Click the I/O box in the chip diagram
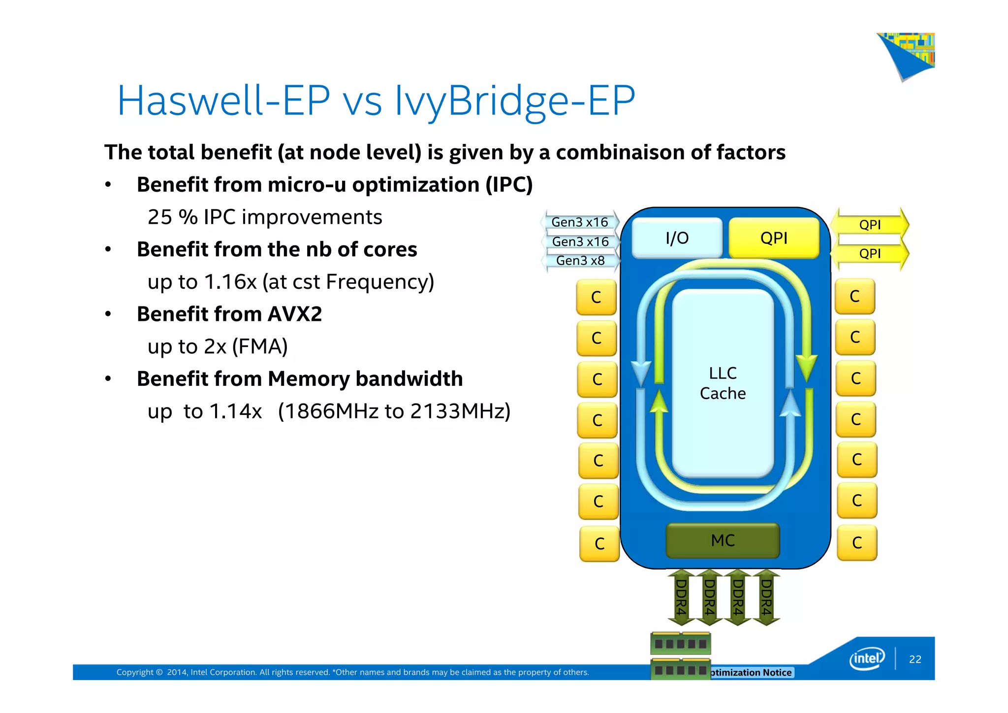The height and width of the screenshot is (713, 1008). coord(677,238)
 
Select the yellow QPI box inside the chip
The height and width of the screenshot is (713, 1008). coord(774,238)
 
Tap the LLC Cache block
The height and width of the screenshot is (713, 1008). coord(723,383)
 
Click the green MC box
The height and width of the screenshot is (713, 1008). coord(723,541)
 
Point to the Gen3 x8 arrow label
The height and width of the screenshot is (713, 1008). coord(580,261)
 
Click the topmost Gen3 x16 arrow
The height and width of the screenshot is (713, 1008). coord(580,222)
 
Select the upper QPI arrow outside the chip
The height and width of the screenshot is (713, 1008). coord(870,225)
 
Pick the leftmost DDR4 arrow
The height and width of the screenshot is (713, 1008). coord(681,597)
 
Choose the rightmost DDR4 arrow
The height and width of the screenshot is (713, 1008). coord(766,597)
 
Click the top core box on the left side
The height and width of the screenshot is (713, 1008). coord(596,297)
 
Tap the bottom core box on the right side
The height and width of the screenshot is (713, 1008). coord(857,543)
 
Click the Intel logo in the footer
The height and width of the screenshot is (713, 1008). coord(867,659)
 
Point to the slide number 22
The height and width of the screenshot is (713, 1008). coord(915,659)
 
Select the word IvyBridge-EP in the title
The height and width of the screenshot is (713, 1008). coord(515,101)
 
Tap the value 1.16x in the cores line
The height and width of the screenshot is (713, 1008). coord(230,282)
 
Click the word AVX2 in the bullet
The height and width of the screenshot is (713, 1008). coord(295,314)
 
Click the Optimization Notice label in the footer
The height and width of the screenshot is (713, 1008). coord(752,673)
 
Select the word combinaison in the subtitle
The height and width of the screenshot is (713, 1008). coord(620,152)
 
